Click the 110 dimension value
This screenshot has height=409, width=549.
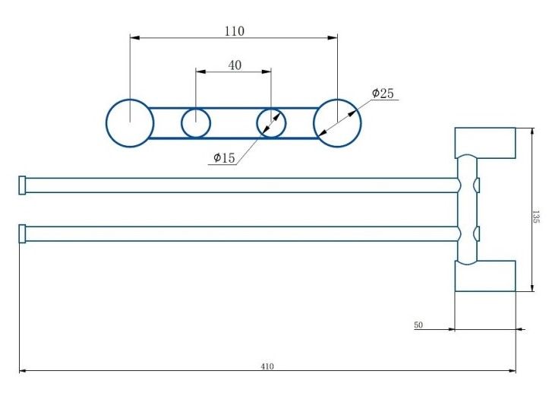(234, 31)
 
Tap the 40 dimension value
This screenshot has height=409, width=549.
(235, 65)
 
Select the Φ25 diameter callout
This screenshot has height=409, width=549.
(383, 94)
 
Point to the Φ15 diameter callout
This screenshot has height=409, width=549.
(224, 158)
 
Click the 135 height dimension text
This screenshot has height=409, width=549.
(536, 217)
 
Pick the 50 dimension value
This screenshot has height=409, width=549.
(418, 325)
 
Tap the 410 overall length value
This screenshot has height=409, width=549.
(267, 366)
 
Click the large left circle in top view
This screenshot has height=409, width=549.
(130, 122)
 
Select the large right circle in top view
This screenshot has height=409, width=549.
(337, 122)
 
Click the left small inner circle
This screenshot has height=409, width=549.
(196, 122)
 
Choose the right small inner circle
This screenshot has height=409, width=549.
(270, 122)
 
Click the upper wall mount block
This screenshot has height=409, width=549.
(484, 143)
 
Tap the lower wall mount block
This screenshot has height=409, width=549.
(484, 275)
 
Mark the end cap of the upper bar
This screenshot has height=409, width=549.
(22, 185)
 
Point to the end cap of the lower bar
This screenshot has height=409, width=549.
(22, 233)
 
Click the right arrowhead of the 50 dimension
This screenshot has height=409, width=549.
(520, 329)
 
